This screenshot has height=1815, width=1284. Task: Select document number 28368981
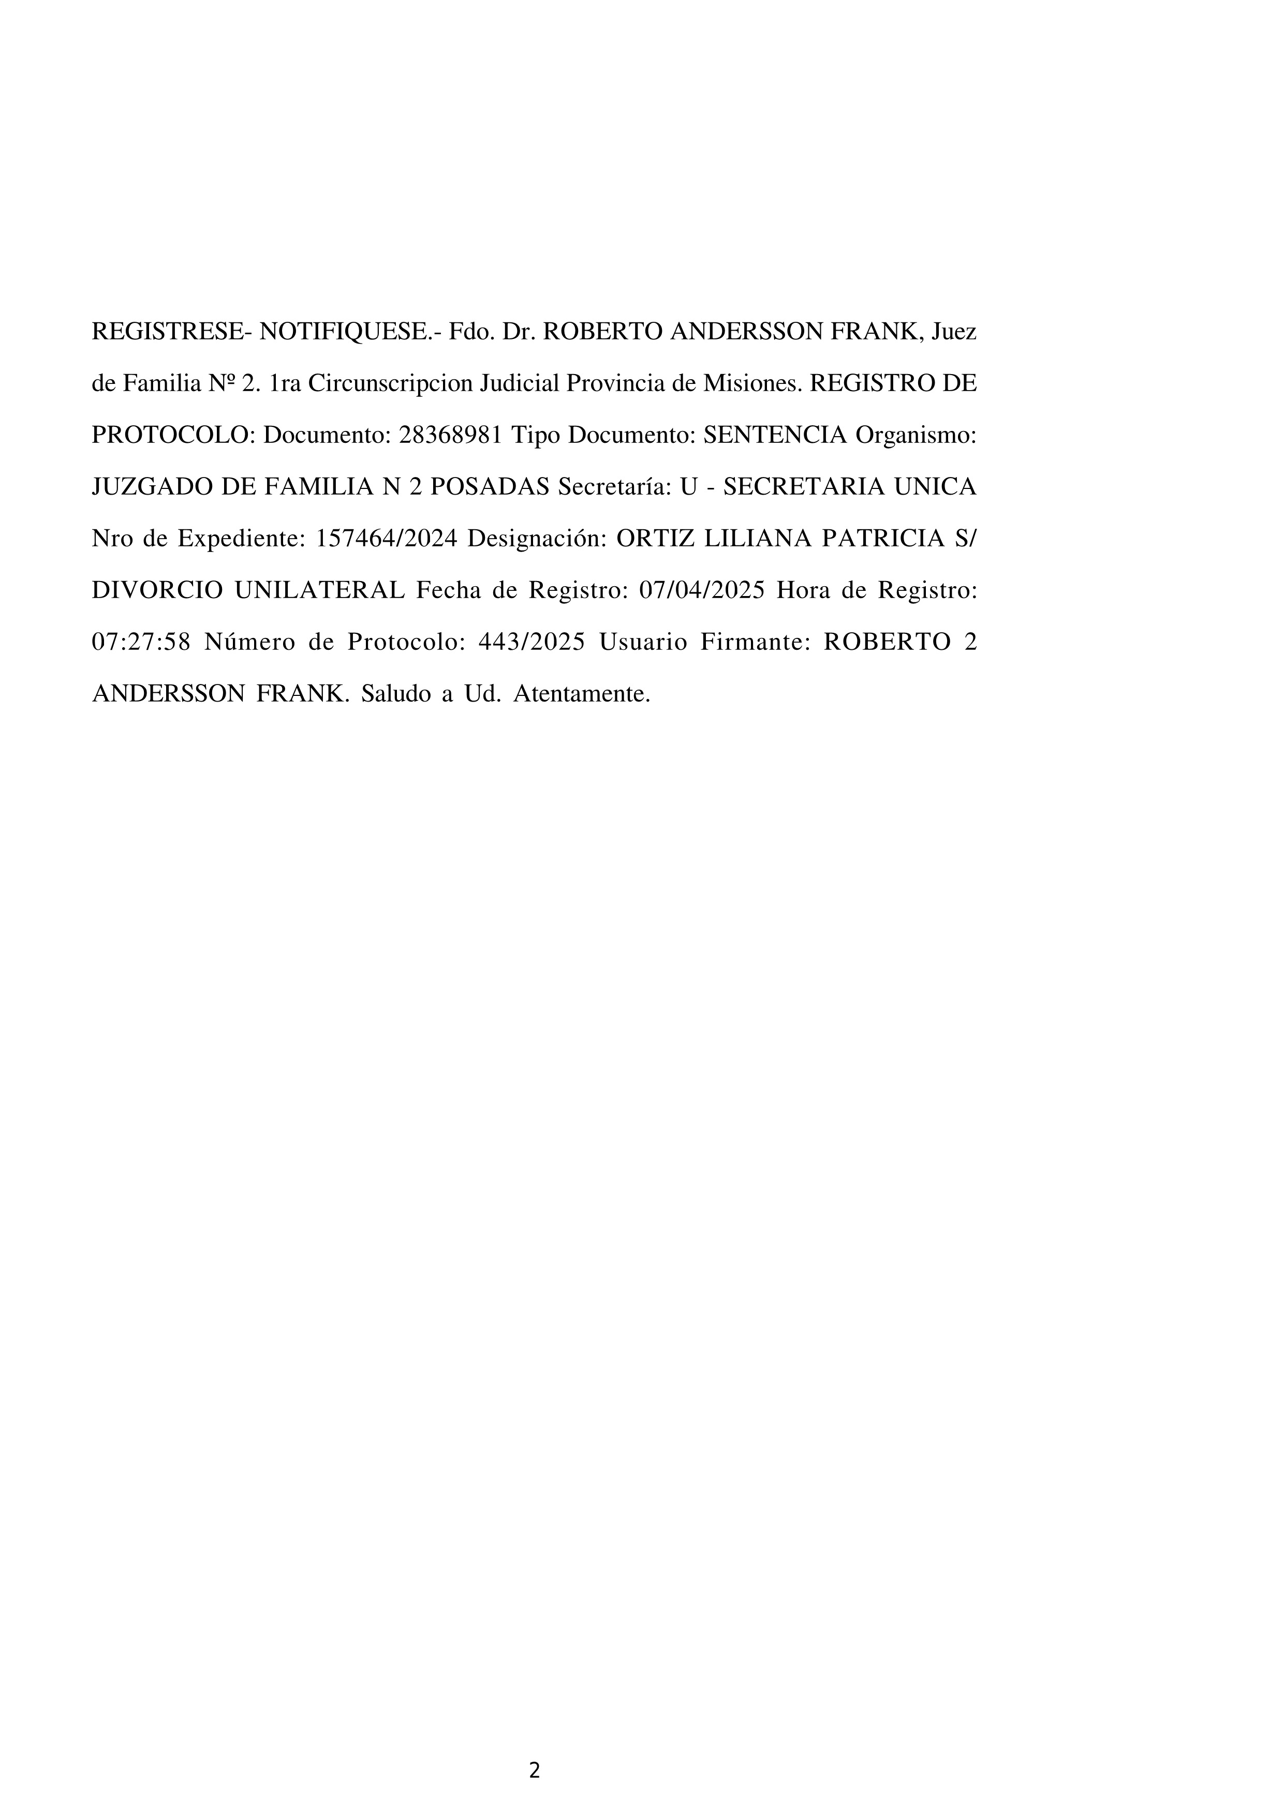click(x=451, y=436)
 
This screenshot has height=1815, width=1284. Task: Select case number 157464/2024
click(x=387, y=539)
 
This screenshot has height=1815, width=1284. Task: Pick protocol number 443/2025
click(x=532, y=643)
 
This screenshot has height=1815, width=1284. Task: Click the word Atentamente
click(x=582, y=694)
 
